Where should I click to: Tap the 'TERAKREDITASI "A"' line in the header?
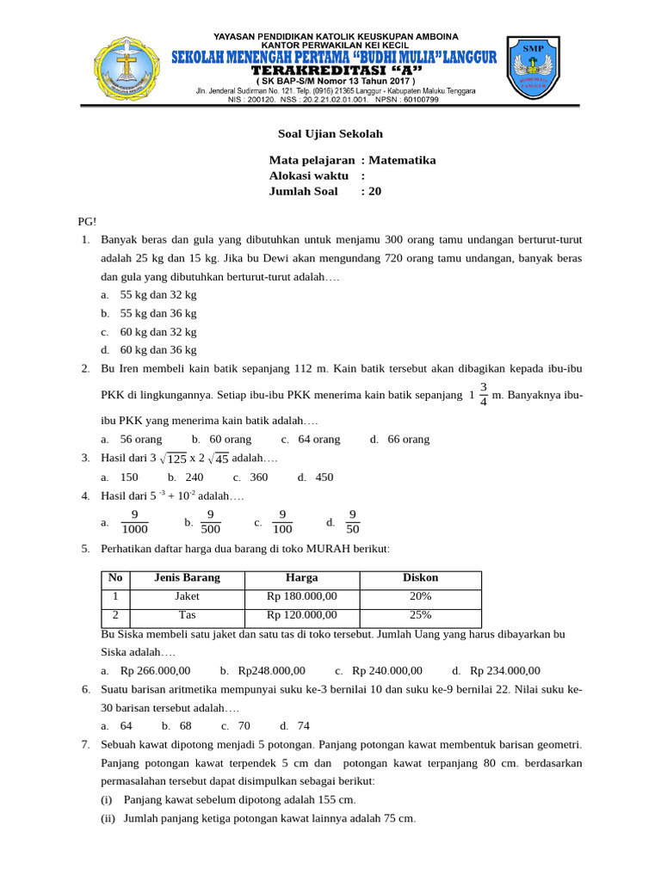pyautogui.click(x=330, y=69)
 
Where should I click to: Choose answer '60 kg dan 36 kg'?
pyautogui.click(x=158, y=350)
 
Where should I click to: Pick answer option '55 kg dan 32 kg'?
pyautogui.click(x=158, y=294)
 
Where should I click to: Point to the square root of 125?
pyautogui.click(x=175, y=459)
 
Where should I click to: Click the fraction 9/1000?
pyautogui.click(x=135, y=522)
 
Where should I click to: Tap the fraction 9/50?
pyautogui.click(x=351, y=522)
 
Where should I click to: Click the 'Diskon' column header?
pyautogui.click(x=420, y=578)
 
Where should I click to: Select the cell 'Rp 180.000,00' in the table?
pyautogui.click(x=302, y=596)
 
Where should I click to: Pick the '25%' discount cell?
pyautogui.click(x=420, y=615)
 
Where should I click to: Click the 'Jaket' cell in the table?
pyautogui.click(x=187, y=596)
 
